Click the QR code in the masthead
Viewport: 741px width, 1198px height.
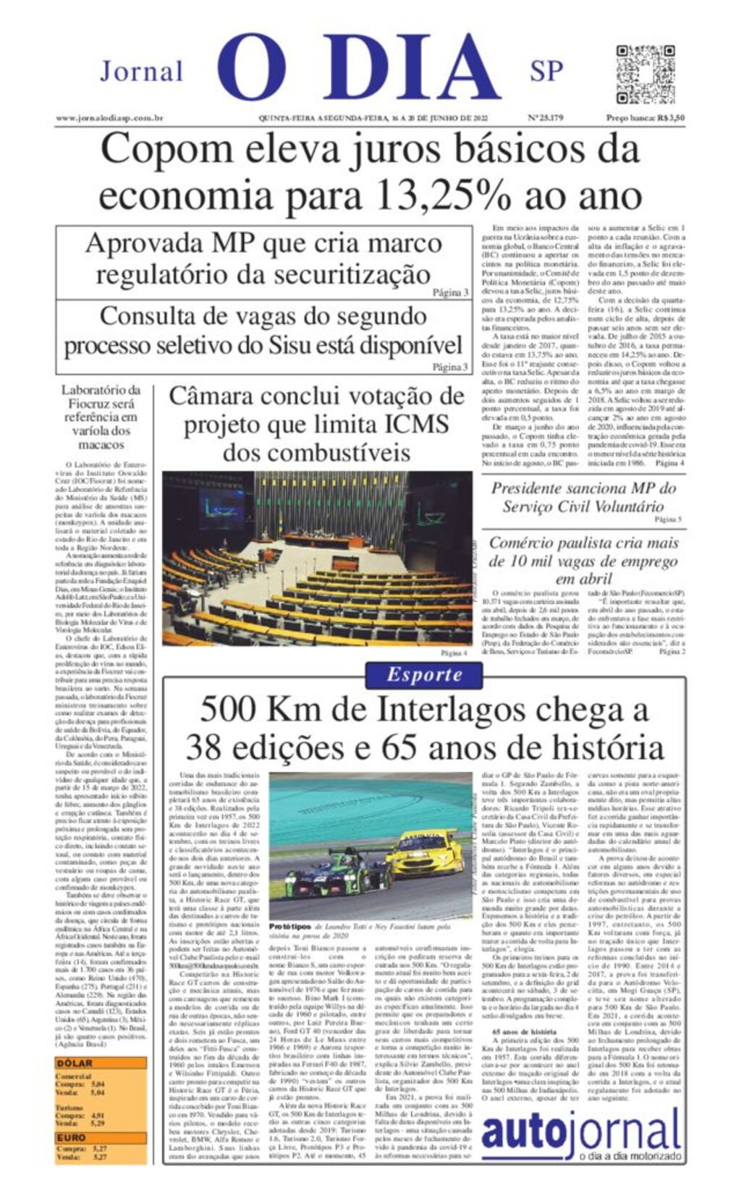coord(645,75)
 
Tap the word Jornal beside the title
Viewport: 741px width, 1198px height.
coord(141,72)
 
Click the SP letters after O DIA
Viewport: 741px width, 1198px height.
coord(546,72)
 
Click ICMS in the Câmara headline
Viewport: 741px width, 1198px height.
coord(418,424)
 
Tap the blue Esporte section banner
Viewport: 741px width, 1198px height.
coord(424,675)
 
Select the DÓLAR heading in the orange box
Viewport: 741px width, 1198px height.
coord(75,1063)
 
